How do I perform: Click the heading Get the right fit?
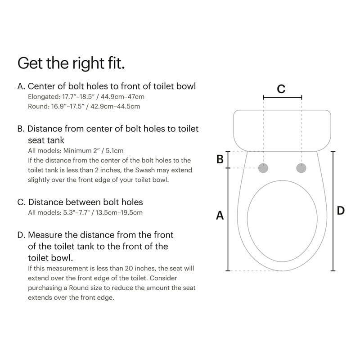71,63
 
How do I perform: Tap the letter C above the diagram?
281,89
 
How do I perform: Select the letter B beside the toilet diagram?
220,159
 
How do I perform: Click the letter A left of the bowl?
220,216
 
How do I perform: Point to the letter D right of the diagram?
341,210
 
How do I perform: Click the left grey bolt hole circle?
264,168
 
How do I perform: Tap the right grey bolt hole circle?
301,168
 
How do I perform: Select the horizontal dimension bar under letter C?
282,97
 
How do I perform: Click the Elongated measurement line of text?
86,96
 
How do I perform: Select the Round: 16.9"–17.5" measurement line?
84,106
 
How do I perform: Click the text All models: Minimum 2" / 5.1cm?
76,151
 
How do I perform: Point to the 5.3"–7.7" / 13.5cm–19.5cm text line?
85,212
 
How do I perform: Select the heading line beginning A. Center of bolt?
107,86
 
